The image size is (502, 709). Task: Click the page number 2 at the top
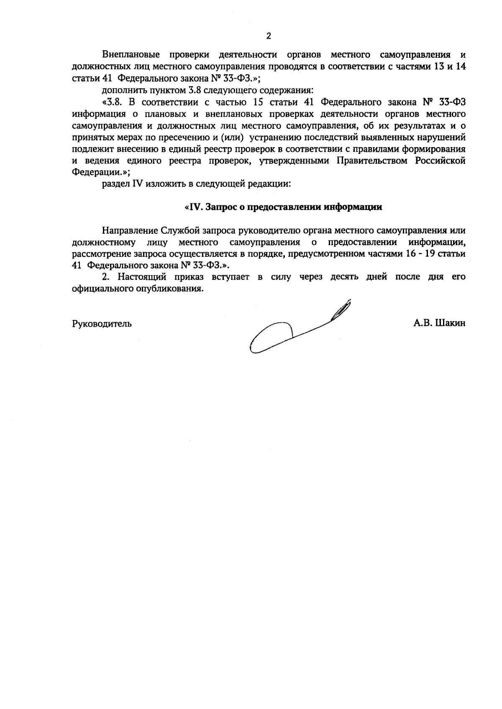click(269, 36)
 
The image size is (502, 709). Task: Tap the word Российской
click(441, 161)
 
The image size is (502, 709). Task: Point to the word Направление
click(129, 230)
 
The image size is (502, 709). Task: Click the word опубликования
click(174, 289)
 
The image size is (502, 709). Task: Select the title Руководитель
click(102, 323)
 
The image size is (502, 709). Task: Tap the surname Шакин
click(451, 323)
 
